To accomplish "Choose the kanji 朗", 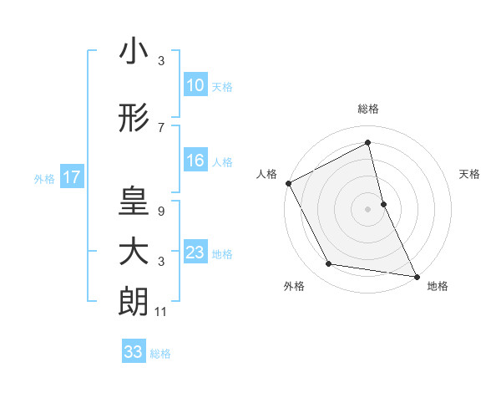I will [x=134, y=301].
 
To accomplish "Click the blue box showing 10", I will [x=195, y=85].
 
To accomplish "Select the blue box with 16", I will [x=195, y=161].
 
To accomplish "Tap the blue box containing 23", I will [x=195, y=253].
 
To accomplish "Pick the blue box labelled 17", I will [x=71, y=177].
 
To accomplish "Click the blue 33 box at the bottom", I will [x=133, y=352].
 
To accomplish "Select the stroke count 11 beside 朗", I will [x=161, y=312].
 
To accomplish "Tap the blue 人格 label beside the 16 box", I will [x=222, y=162].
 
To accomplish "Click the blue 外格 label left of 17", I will [x=44, y=178].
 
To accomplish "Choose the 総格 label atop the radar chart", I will [x=368, y=110].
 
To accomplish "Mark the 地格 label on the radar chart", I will [x=438, y=287].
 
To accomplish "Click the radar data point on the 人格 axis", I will [x=288, y=183].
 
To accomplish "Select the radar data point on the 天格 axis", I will [x=383, y=204].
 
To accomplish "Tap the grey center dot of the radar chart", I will [x=368, y=209].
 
